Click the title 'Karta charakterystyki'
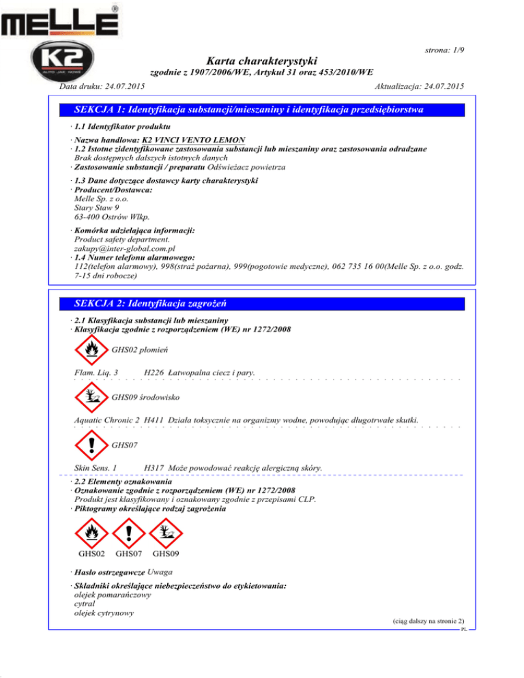(262, 61)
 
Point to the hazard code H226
(154, 372)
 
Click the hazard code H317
(154, 467)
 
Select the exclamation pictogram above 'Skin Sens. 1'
(90, 445)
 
